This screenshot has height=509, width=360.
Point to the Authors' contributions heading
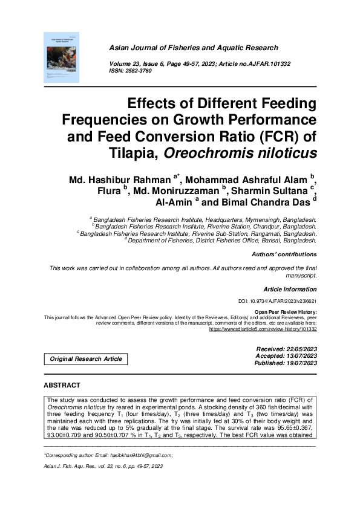tap(284, 255)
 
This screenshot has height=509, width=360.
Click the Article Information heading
tap(290, 290)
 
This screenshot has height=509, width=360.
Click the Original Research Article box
tap(85, 359)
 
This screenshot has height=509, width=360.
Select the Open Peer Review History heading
tap(286, 311)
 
